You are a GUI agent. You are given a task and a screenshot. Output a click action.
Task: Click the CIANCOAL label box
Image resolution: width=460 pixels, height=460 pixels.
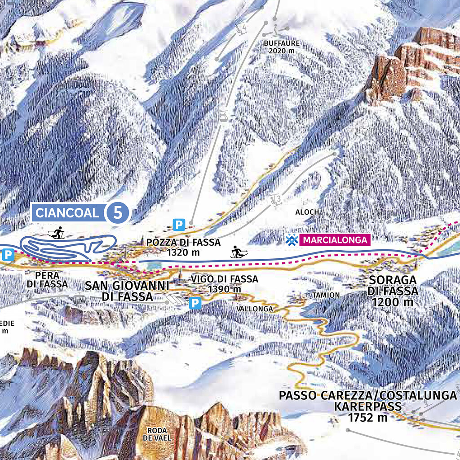(x=67, y=212)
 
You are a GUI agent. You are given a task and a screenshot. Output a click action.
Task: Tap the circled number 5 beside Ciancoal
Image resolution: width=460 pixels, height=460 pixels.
(x=118, y=212)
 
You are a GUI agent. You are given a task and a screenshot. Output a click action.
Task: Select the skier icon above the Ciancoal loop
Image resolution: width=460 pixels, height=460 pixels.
(x=57, y=233)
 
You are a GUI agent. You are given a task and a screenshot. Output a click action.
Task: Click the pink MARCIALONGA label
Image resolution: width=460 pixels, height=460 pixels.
(x=335, y=240)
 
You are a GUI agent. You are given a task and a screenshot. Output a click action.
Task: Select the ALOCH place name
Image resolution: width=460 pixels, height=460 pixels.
(x=307, y=212)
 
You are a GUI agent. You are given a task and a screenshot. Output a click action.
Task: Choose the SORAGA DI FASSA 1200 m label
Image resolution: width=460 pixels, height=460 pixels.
(x=393, y=291)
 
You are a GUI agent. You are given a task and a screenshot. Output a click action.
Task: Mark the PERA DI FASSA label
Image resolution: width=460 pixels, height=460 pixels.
(x=47, y=279)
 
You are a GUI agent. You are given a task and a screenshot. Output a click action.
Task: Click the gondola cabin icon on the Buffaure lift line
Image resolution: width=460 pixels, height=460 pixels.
(x=223, y=116)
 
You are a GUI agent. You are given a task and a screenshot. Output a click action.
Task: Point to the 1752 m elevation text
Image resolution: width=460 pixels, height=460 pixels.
(x=368, y=418)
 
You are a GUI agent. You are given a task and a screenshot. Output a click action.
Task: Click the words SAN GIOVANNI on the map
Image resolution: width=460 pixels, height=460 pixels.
(x=127, y=285)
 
